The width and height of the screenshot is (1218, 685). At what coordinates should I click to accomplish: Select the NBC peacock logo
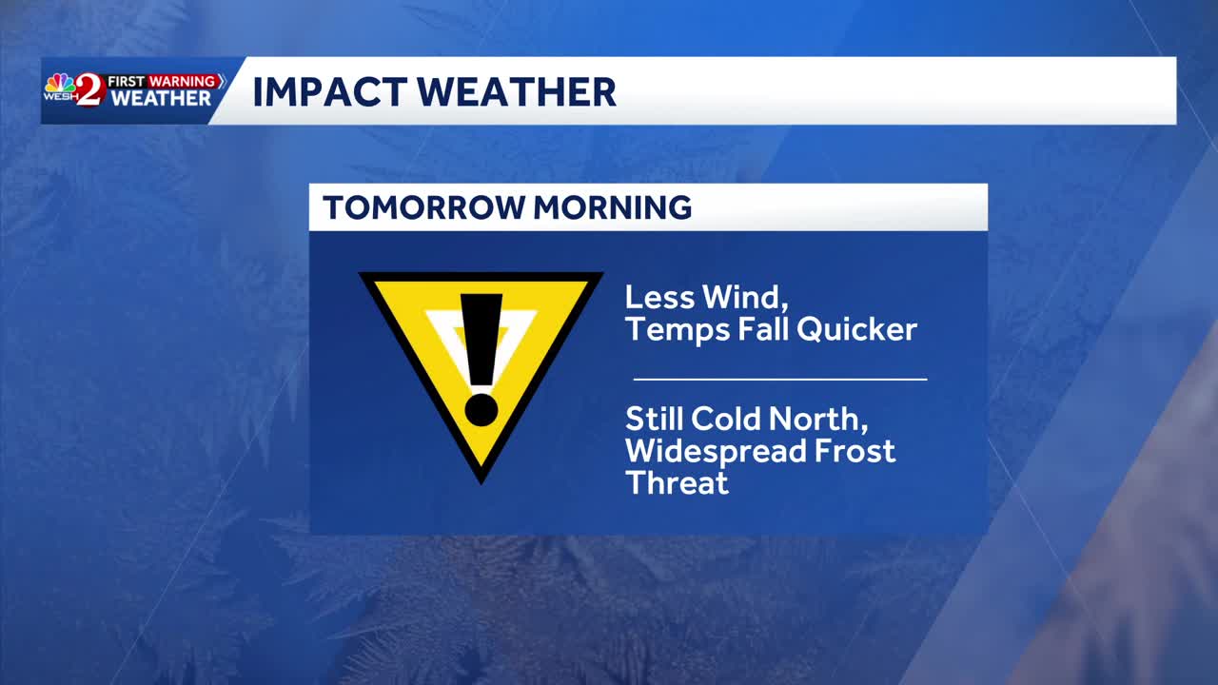[60, 84]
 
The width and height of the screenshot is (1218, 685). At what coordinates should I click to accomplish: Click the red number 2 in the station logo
[88, 89]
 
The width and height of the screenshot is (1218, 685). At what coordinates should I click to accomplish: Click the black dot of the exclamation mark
[481, 409]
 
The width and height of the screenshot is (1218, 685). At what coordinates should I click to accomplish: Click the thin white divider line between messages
[780, 379]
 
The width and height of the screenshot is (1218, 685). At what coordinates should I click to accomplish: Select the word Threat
[677, 482]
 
